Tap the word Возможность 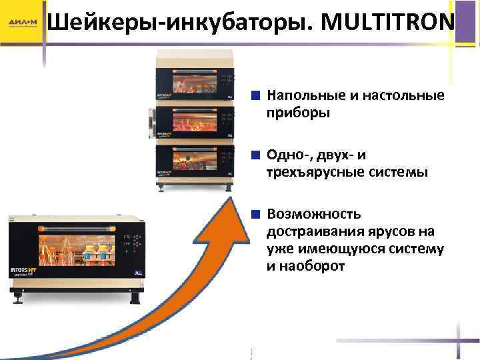coord(314,214)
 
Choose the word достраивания coord(312,231)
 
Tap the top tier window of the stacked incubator coord(194,83)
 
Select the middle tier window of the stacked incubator coord(194,121)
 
